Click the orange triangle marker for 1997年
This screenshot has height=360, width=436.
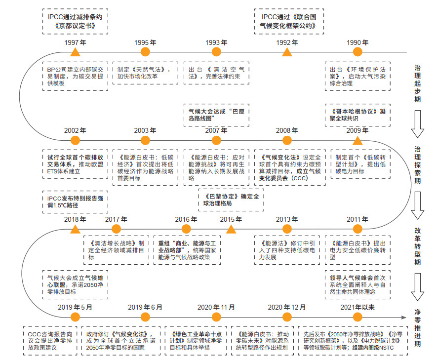(x=75, y=52)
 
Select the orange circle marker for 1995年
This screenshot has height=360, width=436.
(x=145, y=52)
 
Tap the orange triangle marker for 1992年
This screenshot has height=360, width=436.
(x=287, y=52)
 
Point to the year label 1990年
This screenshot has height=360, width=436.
(x=357, y=42)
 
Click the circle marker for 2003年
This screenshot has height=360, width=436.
(x=145, y=140)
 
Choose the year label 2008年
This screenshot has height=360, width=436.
(x=287, y=130)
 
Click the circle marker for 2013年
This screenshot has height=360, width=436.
(x=287, y=229)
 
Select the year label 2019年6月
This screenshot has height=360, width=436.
(x=145, y=307)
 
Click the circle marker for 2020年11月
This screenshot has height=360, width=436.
(x=216, y=317)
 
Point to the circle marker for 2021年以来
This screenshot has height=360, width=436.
(x=357, y=317)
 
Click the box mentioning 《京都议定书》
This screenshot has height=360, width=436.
(x=76, y=21)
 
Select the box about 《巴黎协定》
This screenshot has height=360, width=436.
(x=231, y=200)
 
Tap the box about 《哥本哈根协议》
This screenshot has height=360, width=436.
(x=357, y=115)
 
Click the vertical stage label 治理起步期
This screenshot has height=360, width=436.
(x=417, y=83)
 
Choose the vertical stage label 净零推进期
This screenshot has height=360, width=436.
(x=417, y=328)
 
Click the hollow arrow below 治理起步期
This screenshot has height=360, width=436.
(x=417, y=124)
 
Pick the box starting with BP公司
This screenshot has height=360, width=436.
(x=76, y=76)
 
